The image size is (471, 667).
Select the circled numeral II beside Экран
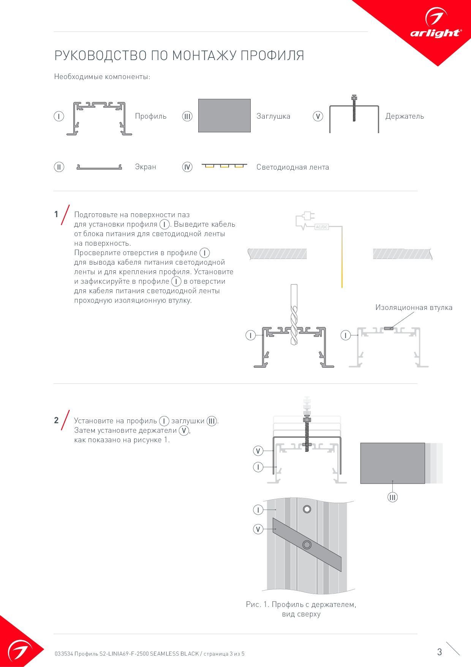tap(59, 167)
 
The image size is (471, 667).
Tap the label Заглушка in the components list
tap(273, 116)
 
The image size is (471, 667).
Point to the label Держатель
tap(405, 116)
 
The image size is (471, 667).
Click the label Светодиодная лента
tap(292, 167)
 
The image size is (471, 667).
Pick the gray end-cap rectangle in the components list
tap(224, 116)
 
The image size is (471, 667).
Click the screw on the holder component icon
tap(354, 108)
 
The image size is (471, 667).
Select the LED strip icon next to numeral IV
tap(224, 166)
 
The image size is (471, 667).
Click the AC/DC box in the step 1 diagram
tap(322, 227)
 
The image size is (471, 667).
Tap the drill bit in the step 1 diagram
tap(293, 314)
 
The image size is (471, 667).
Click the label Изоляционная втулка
tap(414, 308)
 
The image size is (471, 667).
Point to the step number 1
tap(56, 214)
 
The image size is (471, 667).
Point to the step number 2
tap(56, 421)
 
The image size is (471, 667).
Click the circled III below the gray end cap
tap(392, 497)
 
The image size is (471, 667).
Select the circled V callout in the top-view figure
tap(258, 529)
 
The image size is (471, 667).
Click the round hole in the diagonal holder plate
tap(307, 545)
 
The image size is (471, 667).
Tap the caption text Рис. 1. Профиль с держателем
tap(301, 604)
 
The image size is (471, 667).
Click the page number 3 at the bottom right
tap(439, 652)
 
